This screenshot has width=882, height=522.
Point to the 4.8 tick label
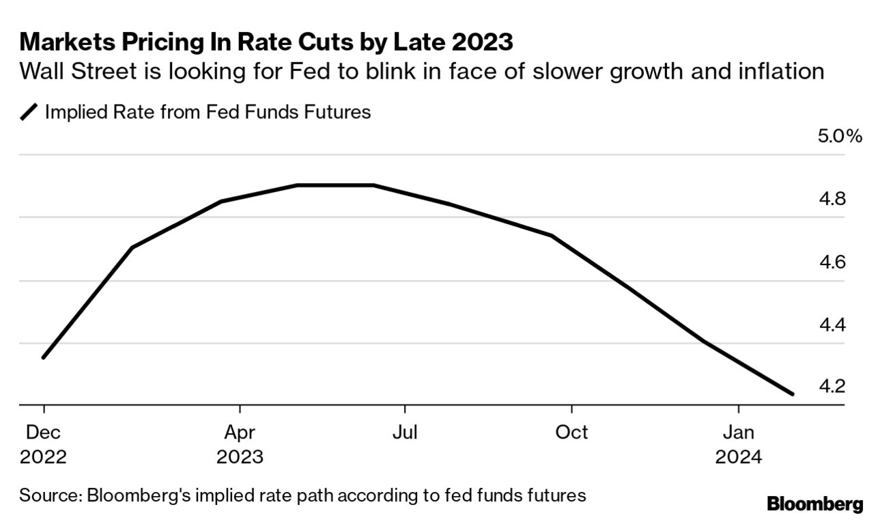(x=847, y=200)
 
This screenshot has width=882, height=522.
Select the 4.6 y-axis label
(x=847, y=262)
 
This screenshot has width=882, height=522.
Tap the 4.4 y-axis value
(x=847, y=325)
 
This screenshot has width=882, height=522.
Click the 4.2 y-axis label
(x=847, y=387)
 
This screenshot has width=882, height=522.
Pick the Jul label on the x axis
(x=405, y=432)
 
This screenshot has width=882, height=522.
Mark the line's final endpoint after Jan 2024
(x=793, y=394)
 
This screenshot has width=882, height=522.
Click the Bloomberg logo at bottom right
(x=815, y=504)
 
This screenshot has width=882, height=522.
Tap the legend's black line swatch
(x=29, y=112)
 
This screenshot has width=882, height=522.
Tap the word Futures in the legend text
(x=337, y=111)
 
